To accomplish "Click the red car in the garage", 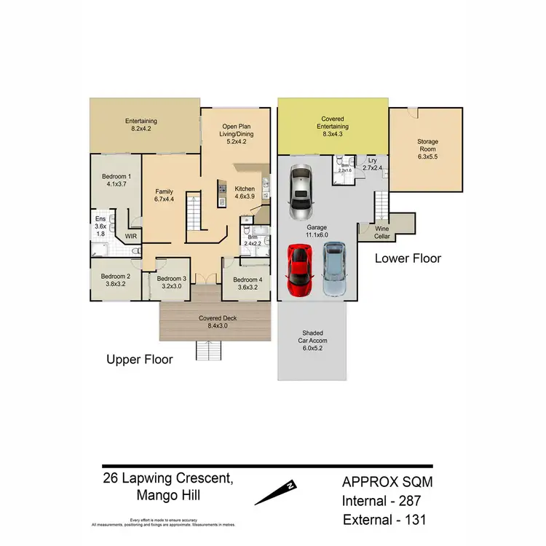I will click(x=299, y=270).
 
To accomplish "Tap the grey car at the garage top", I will click(x=300, y=193).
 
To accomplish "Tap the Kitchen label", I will click(x=245, y=189).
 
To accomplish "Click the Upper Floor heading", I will click(x=140, y=359).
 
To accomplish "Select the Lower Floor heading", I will click(x=408, y=258).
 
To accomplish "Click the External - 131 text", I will click(x=385, y=520).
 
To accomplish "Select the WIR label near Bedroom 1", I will click(x=130, y=237).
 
